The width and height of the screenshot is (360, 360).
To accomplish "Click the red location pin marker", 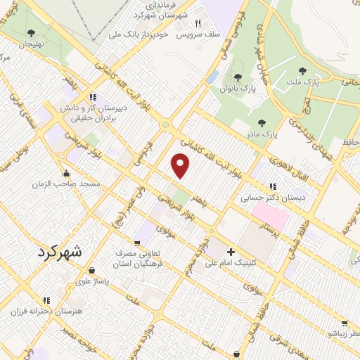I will click(181, 166).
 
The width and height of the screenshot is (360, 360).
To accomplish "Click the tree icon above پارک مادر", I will click(262, 122).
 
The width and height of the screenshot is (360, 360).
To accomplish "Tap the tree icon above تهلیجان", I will click(30, 32).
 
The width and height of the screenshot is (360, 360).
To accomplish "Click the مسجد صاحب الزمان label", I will click(66, 184).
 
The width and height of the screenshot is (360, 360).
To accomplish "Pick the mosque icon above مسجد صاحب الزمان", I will click(66, 173).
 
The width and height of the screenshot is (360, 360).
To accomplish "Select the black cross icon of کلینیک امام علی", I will click(230, 252).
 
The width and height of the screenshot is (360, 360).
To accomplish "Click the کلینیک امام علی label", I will click(231, 264).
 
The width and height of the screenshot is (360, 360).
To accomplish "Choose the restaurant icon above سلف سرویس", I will click(198, 22).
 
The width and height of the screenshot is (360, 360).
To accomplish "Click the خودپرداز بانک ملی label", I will click(142, 33).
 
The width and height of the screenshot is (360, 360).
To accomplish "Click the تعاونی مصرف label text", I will click(137, 253).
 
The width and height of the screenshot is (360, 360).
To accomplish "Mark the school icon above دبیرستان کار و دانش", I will click(92, 98).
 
